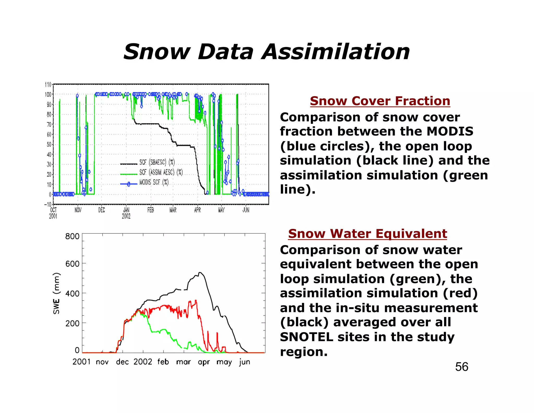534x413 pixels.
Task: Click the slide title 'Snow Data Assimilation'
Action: (x=266, y=52)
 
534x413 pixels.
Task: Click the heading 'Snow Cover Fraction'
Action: (x=380, y=101)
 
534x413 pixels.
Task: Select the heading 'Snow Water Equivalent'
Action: (x=367, y=234)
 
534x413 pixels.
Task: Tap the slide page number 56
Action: (x=462, y=367)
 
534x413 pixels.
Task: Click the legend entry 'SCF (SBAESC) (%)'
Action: (x=157, y=162)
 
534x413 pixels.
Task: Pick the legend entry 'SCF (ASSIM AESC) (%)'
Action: (x=161, y=172)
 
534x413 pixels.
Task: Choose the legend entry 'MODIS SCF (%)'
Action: (x=154, y=182)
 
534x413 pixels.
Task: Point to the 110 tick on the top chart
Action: (x=48, y=85)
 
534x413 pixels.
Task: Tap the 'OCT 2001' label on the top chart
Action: (x=53, y=213)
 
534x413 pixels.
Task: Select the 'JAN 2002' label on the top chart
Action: (x=126, y=213)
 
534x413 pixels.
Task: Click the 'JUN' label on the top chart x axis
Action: (x=246, y=210)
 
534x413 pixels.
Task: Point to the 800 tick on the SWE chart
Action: (x=72, y=237)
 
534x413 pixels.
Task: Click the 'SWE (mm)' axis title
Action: (x=56, y=293)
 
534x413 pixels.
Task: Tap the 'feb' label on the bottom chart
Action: (x=163, y=362)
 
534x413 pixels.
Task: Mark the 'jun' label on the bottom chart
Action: (x=245, y=362)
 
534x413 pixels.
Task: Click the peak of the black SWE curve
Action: (x=200, y=273)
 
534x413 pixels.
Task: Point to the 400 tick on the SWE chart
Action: (x=72, y=294)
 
